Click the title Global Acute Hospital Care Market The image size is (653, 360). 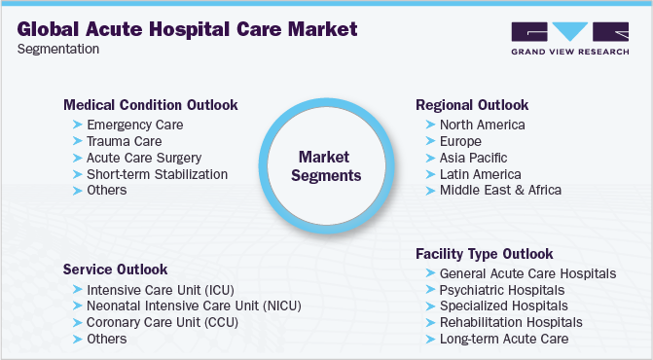[x=187, y=28]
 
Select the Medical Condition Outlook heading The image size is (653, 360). [x=150, y=104]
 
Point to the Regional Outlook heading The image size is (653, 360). [x=472, y=104]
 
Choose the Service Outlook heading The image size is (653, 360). [x=115, y=269]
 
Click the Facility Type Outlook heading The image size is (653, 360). [x=484, y=253]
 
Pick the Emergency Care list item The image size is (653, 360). [x=134, y=126]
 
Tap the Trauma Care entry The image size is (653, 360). [x=125, y=141]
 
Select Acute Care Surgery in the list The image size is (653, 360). [x=143, y=158]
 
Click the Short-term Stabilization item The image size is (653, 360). [x=157, y=174]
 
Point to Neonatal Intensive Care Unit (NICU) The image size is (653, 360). [x=194, y=306]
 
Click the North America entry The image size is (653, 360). [x=482, y=126]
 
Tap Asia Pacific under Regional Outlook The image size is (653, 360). [x=473, y=158]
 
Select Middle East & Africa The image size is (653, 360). [x=500, y=190]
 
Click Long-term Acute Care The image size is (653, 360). [x=503, y=339]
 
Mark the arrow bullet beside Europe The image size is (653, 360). [x=429, y=141]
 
